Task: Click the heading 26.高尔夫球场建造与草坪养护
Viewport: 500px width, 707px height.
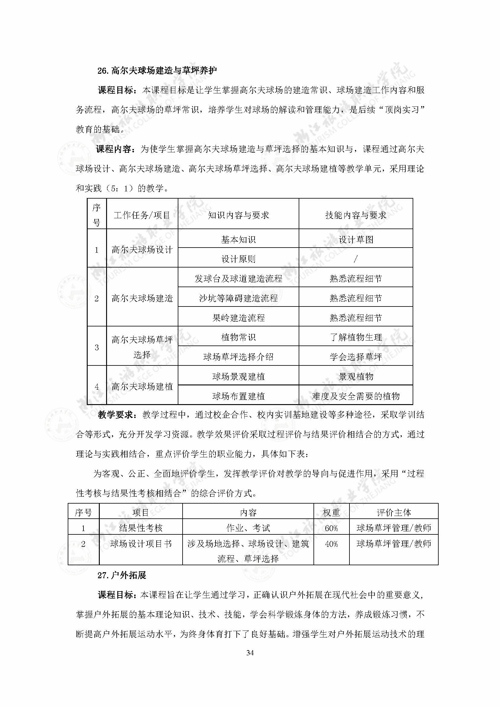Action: point(157,71)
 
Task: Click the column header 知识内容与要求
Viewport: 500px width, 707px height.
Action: point(238,215)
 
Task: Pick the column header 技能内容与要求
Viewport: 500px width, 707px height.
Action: point(356,215)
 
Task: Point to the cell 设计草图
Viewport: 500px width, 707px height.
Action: point(356,240)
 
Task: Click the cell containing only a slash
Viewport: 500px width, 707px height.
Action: point(356,259)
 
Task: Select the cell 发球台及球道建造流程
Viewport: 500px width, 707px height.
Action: point(238,279)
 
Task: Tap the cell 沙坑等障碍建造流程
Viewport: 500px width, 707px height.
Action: point(238,298)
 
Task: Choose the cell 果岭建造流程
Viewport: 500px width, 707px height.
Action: point(238,318)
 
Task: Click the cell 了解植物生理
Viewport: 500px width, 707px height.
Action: point(356,337)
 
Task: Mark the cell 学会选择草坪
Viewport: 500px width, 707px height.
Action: point(356,357)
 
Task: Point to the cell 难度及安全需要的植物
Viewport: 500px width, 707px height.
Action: point(356,396)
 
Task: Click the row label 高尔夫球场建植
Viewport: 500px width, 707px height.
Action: point(142,387)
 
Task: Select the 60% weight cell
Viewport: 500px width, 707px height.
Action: point(331,528)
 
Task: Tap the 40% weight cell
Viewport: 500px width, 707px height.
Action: point(331,544)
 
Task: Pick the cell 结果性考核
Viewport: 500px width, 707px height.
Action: point(141,528)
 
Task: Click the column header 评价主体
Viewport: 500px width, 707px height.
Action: point(394,513)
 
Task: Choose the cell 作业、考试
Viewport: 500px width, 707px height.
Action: point(248,528)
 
